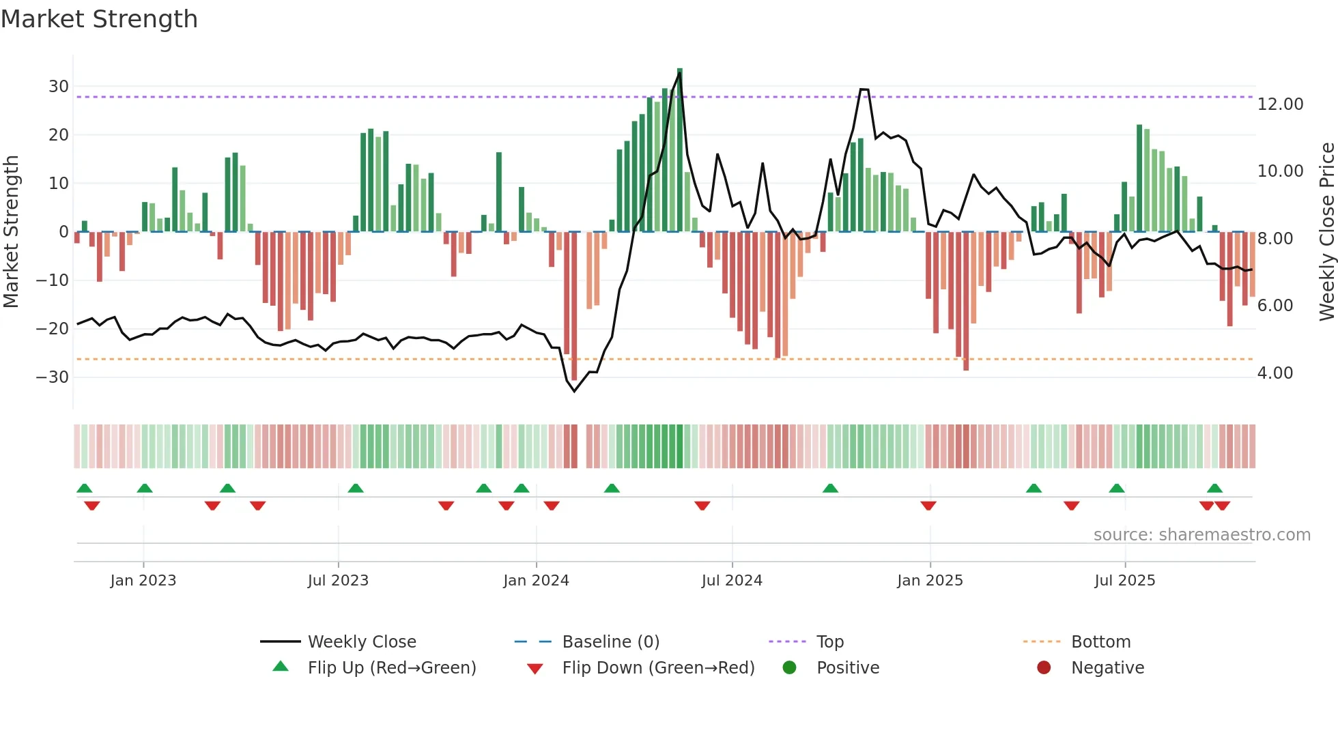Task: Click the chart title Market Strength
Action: pyautogui.click(x=99, y=19)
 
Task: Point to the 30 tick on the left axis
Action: pyautogui.click(x=59, y=87)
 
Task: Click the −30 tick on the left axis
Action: pyautogui.click(x=53, y=377)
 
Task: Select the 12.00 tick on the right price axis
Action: pyautogui.click(x=1280, y=104)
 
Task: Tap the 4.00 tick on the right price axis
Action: pyautogui.click(x=1275, y=373)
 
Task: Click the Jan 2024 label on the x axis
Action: pyautogui.click(x=536, y=581)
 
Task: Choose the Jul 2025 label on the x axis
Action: pyautogui.click(x=1124, y=581)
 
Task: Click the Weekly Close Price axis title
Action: pyautogui.click(x=1326, y=232)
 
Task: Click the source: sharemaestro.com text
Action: pyautogui.click(x=1201, y=535)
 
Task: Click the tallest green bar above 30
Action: pyautogui.click(x=680, y=150)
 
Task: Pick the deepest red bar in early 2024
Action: pyautogui.click(x=574, y=307)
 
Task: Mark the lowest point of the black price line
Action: pyautogui.click(x=574, y=391)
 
